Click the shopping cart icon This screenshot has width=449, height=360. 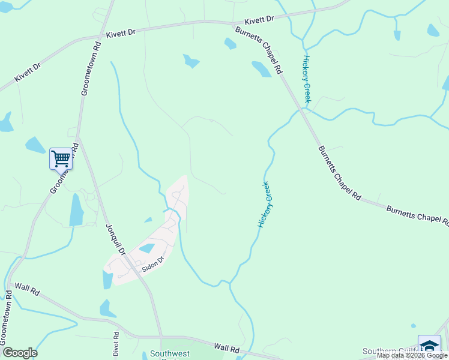61,159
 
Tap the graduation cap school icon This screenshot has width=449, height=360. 429,346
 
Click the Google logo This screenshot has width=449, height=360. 19,353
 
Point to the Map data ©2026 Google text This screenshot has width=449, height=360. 412,355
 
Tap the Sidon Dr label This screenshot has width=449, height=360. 152,265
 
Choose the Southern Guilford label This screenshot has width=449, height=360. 390,351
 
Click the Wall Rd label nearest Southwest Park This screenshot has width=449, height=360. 226,348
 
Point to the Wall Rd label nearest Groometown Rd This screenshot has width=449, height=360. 27,289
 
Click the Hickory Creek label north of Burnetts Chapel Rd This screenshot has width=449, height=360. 307,79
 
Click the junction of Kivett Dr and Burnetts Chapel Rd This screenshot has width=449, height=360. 234,24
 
